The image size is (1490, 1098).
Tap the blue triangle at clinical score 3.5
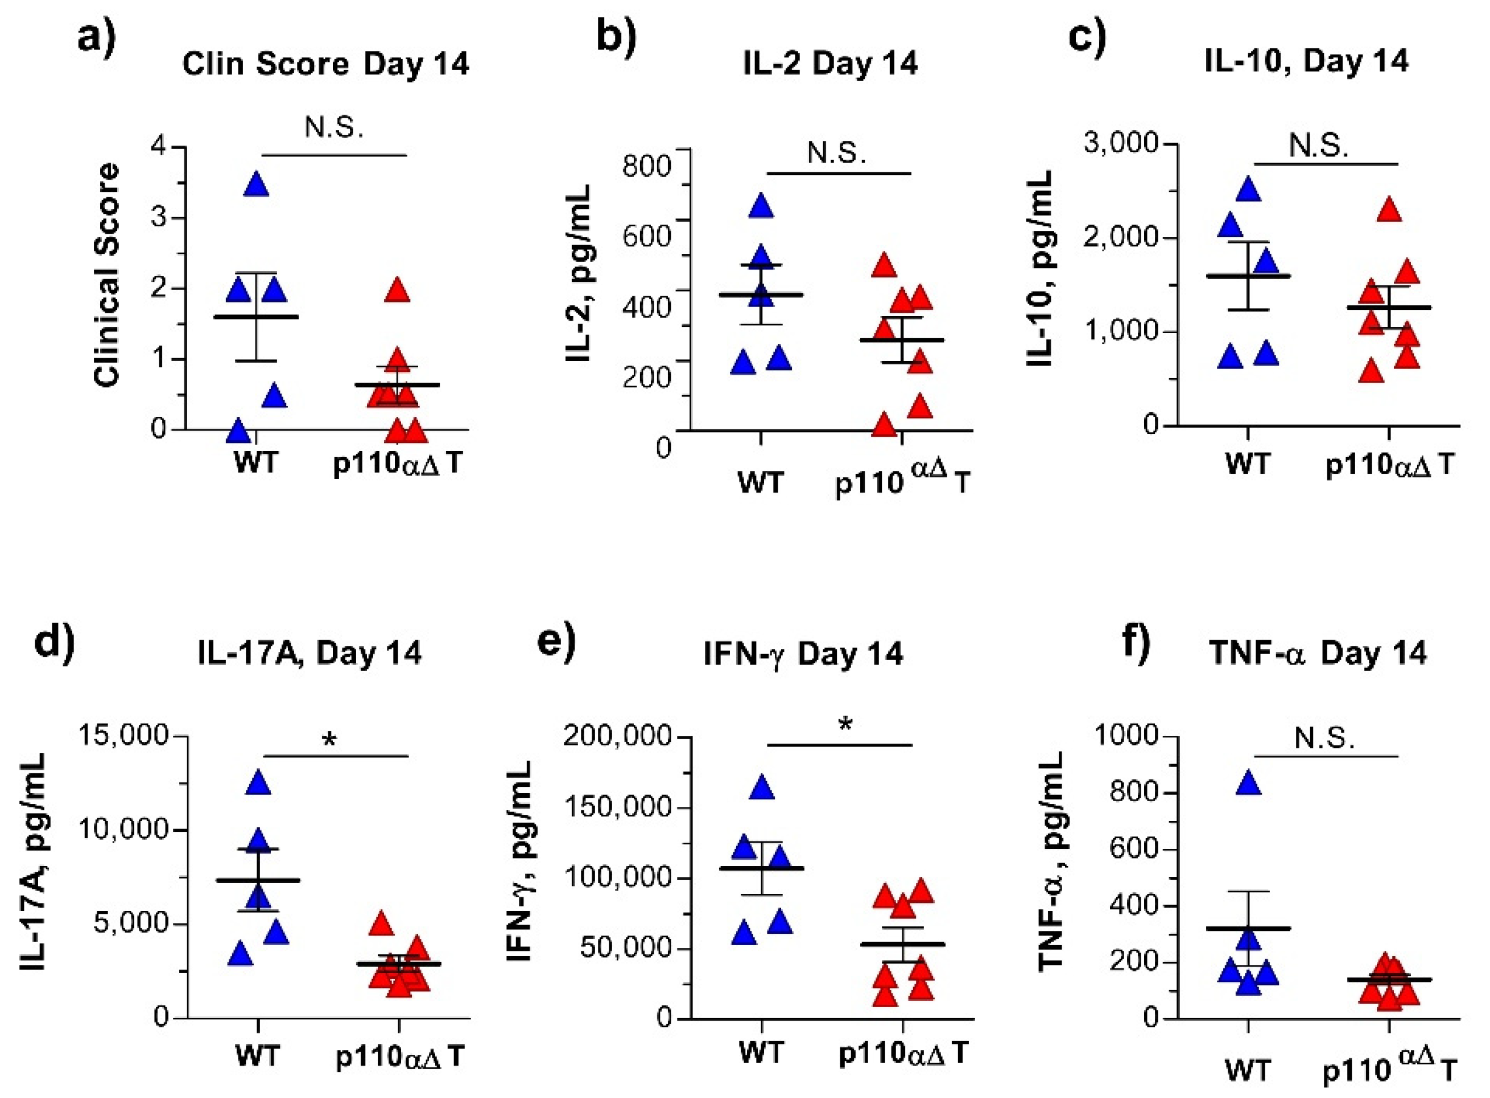(257, 185)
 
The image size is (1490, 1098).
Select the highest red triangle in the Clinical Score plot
(398, 291)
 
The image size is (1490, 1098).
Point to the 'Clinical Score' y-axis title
(106, 274)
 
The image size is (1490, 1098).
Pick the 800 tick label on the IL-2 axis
(646, 165)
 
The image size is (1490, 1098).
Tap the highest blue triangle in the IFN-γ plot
(762, 788)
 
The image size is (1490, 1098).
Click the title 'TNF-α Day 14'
(1318, 653)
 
